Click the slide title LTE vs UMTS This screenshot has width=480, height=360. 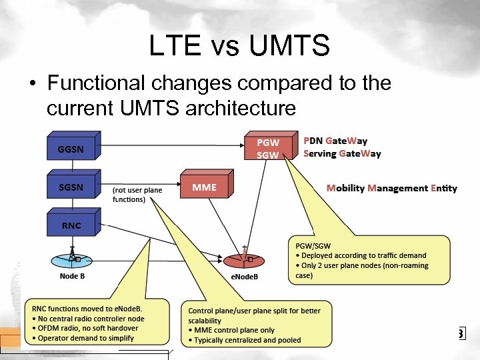click(x=239, y=46)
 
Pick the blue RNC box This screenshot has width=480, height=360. click(x=72, y=225)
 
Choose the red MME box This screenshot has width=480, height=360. click(x=205, y=187)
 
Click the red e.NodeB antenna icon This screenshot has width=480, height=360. click(x=244, y=259)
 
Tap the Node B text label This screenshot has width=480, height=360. click(x=72, y=276)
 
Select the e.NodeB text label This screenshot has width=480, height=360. click(x=244, y=277)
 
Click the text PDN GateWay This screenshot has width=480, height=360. click(x=335, y=141)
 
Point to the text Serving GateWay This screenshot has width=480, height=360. click(x=342, y=153)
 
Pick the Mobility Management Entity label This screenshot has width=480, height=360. click(x=391, y=188)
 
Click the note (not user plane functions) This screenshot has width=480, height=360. click(x=137, y=195)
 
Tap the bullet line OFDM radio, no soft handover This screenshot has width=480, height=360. click(x=84, y=328)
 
